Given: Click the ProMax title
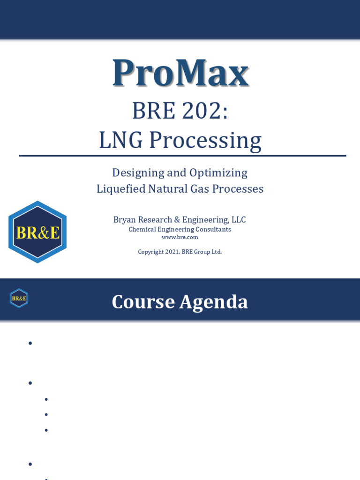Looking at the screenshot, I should [180, 73].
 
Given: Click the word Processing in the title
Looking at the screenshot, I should [205, 140].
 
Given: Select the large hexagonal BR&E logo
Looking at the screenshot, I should [37, 232].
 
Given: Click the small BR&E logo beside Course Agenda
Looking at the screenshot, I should [19, 298].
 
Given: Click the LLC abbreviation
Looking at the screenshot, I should [237, 220].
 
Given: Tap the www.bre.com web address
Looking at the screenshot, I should [180, 237].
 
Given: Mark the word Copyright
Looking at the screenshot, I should [150, 252].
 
